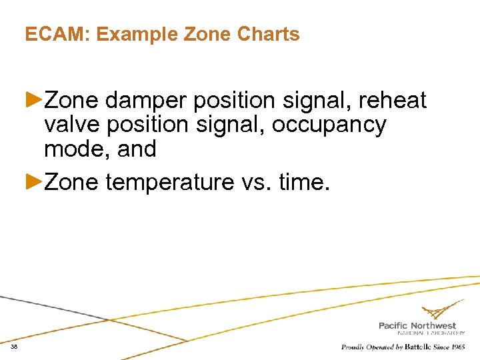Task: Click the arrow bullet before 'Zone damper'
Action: (x=34, y=100)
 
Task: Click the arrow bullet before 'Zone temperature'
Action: (x=34, y=181)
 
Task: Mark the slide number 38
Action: (x=14, y=347)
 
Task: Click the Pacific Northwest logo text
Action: (x=417, y=325)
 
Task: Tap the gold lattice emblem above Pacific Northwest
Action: (x=442, y=311)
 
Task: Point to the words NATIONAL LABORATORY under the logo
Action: (x=431, y=333)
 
